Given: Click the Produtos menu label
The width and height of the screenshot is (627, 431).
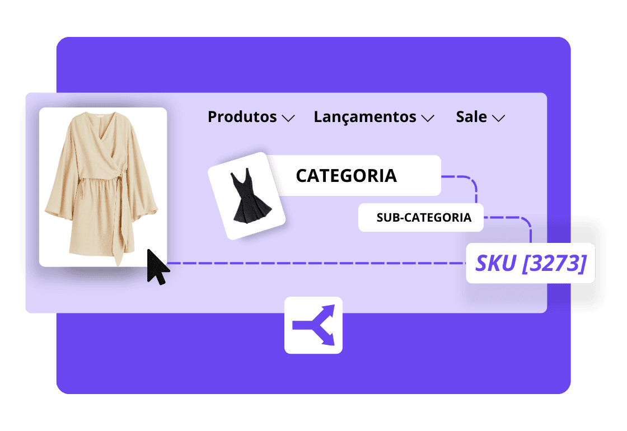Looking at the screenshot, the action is (242, 117).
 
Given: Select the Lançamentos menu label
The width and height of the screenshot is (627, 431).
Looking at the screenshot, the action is (364, 117).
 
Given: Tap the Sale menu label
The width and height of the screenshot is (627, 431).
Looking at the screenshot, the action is (471, 117).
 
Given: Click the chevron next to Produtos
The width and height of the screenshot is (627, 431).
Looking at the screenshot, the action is (288, 118).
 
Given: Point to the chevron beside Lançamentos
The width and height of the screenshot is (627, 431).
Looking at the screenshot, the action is (428, 118).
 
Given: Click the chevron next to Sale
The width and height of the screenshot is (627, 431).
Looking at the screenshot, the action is (498, 118).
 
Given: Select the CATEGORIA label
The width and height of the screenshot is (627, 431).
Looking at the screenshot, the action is (346, 176).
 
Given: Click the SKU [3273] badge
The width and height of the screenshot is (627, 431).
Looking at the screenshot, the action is (530, 263).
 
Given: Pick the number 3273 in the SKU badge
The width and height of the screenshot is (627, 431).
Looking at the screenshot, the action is (554, 263).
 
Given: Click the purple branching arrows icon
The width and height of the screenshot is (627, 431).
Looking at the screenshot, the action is (313, 325).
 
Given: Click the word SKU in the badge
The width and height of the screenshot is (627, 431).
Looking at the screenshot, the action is (496, 263).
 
